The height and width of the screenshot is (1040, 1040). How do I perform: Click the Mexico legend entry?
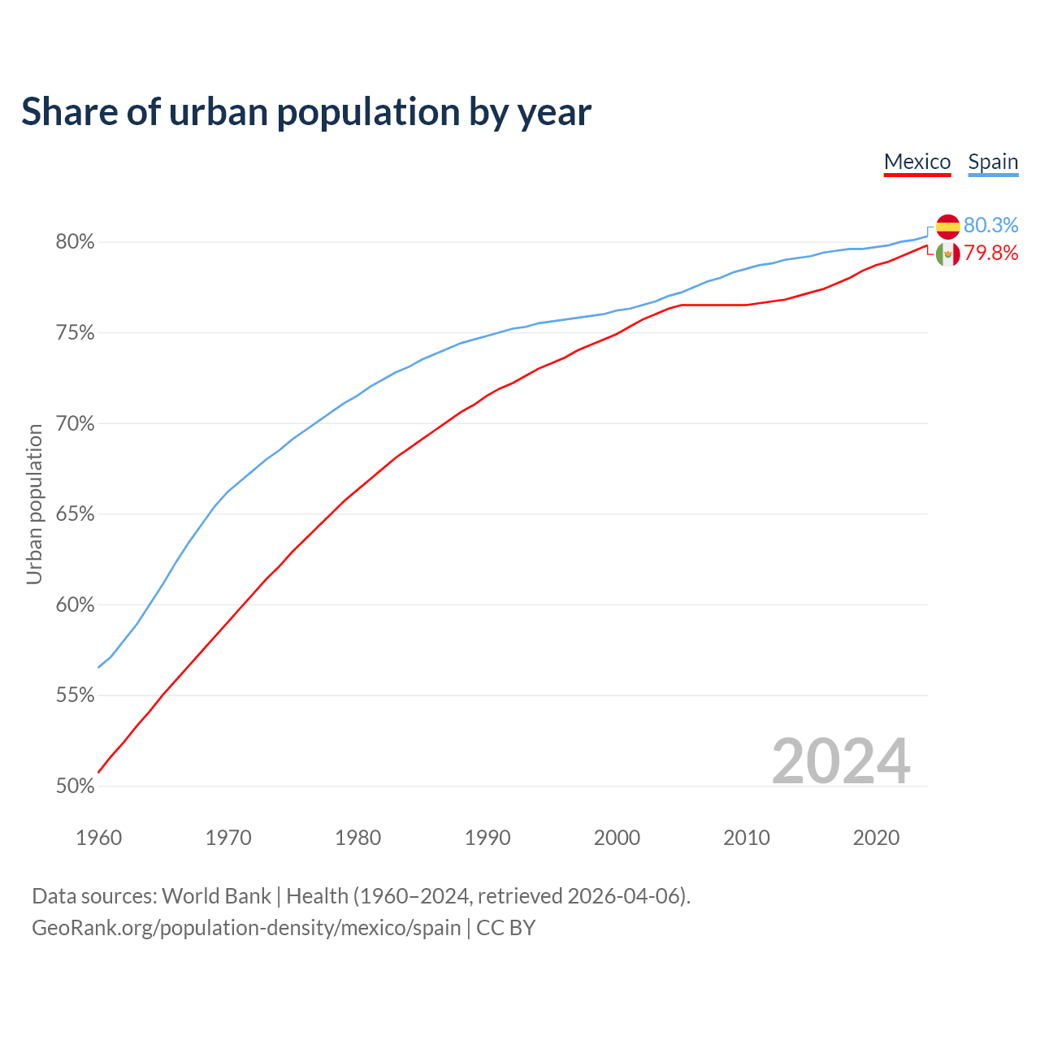(917, 162)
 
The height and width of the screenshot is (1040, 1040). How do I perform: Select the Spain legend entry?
(993, 162)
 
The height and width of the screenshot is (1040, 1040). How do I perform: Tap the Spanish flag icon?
(947, 227)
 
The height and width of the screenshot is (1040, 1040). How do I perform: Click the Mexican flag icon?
(947, 254)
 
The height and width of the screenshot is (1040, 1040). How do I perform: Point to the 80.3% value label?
(990, 225)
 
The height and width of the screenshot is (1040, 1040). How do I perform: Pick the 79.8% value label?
(990, 253)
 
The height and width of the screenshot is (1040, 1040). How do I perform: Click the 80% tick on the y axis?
(75, 242)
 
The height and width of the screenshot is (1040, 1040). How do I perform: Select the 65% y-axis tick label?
(75, 514)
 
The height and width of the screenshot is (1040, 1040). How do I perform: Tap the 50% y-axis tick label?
(75, 786)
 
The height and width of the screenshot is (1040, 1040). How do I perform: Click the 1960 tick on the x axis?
(98, 838)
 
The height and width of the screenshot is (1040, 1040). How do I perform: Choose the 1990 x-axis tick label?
(487, 838)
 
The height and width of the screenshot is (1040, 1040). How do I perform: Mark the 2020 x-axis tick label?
(876, 838)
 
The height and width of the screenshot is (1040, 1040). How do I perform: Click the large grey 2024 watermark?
(841, 761)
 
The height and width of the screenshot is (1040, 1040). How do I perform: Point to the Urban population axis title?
(34, 505)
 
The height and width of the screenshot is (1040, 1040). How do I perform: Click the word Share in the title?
(68, 112)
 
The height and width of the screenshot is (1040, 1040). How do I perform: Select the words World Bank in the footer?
(216, 896)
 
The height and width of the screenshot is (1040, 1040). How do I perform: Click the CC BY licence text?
(505, 928)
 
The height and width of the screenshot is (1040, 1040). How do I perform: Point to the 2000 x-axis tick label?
(617, 838)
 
